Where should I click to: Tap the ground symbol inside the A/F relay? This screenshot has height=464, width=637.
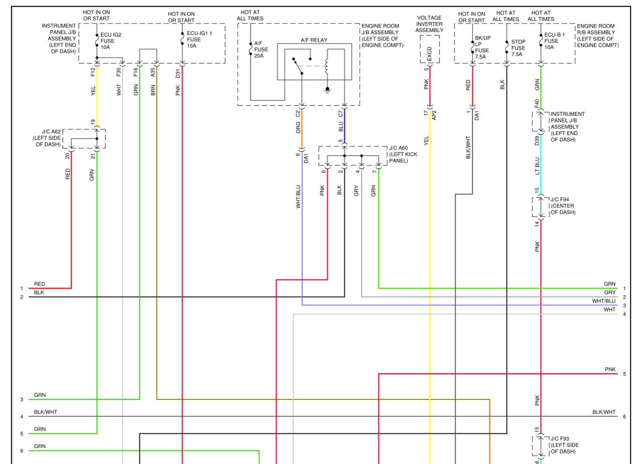(x=327, y=90)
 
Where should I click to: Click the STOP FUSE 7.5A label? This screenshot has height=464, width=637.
(x=518, y=48)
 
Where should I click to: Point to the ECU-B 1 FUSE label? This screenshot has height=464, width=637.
(x=555, y=41)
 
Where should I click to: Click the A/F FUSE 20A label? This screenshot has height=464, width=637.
(x=261, y=49)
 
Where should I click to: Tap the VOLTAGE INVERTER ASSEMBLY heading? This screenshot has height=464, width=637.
(x=430, y=24)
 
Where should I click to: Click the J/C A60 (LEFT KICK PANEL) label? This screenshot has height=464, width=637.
(x=403, y=154)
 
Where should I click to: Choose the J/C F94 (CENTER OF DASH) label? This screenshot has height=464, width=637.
(x=562, y=206)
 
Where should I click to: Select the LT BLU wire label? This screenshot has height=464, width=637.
(x=537, y=165)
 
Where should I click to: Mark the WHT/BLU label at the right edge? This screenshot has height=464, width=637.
(x=603, y=301)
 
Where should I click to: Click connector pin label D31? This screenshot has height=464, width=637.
(x=178, y=73)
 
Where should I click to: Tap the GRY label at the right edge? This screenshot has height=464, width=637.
(x=609, y=292)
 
